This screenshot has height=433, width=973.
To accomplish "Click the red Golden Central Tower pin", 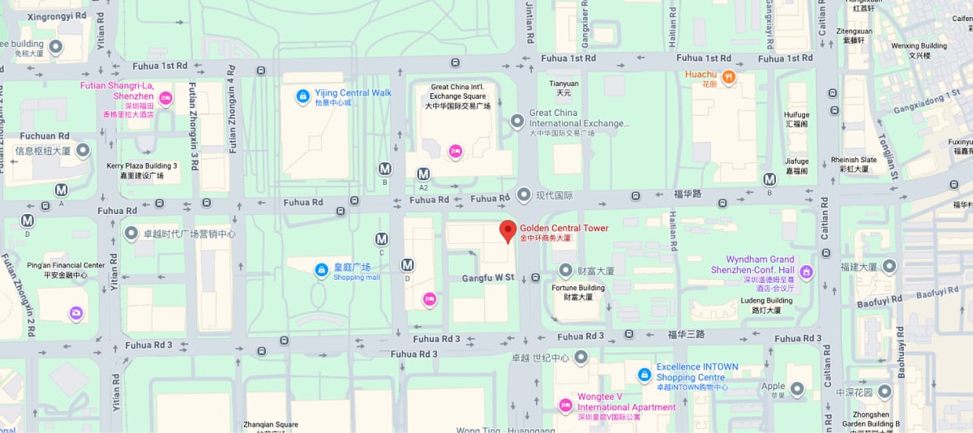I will (x=508, y=232).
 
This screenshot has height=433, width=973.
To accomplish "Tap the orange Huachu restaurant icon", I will (x=728, y=77).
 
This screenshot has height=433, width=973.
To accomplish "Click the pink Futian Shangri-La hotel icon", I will (x=165, y=98).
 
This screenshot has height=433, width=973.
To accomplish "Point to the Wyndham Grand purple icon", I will (x=806, y=271).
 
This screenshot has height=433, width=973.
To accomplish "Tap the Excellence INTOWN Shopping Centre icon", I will (x=644, y=375).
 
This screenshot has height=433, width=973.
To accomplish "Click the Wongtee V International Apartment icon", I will (x=566, y=405).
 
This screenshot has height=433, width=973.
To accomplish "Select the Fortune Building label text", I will (x=578, y=288).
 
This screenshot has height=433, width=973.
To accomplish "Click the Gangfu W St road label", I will (x=488, y=277).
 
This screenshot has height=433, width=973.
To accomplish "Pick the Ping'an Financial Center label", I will (x=66, y=265).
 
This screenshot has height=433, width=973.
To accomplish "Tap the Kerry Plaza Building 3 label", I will (x=141, y=166).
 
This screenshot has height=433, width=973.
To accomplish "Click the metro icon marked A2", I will (x=423, y=174).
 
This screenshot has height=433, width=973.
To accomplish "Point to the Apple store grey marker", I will (x=797, y=389).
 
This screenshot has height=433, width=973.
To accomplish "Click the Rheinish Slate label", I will (x=854, y=160).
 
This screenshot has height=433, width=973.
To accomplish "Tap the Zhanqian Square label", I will (x=271, y=424).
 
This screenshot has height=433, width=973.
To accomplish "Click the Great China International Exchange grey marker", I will (x=517, y=121).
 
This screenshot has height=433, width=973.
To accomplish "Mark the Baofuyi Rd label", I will (x=880, y=301).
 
